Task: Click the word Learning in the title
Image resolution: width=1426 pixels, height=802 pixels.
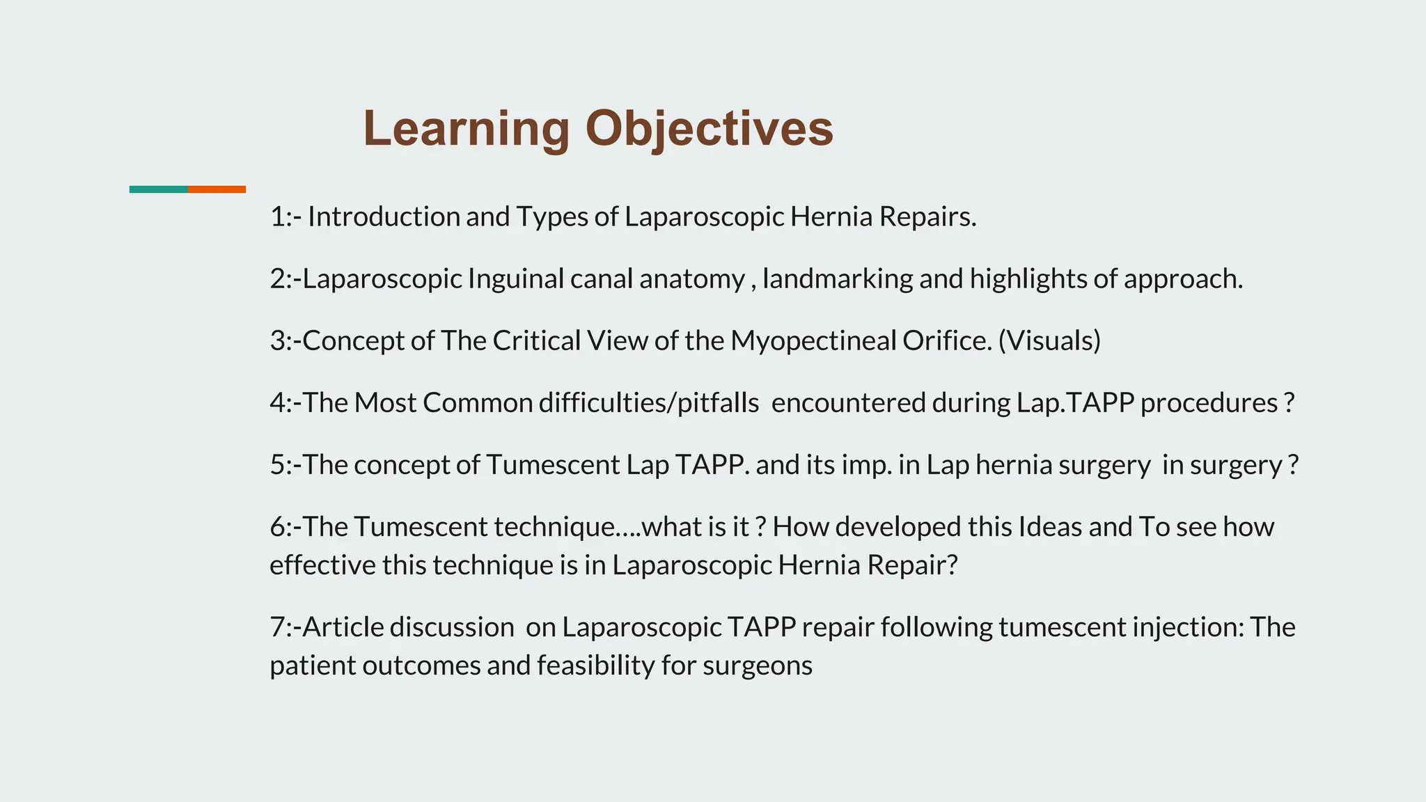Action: tap(466, 129)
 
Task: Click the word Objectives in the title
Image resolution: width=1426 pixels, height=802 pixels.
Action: tap(709, 129)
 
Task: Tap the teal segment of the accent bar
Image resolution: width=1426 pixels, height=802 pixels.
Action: tap(158, 189)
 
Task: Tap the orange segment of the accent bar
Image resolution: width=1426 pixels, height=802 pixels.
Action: tap(217, 189)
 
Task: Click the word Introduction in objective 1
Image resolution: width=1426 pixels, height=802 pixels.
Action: tap(384, 217)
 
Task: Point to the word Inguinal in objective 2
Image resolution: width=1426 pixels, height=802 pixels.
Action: tap(515, 280)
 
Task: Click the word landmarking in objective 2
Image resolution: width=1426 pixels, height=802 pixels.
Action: tap(838, 279)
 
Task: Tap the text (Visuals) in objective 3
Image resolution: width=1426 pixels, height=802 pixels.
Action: tap(1049, 341)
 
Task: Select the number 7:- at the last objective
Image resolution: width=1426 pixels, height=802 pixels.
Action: tap(285, 627)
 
